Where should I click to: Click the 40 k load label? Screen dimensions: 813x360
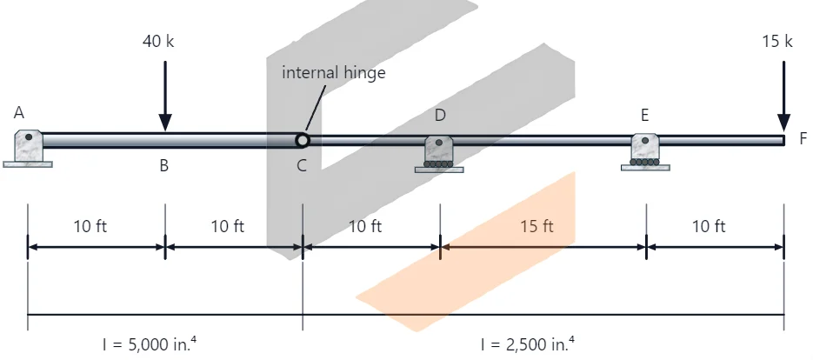[158, 41]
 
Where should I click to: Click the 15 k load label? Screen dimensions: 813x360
[777, 41]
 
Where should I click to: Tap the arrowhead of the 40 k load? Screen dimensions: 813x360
[165, 123]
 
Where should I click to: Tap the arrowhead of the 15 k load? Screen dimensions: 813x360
[784, 123]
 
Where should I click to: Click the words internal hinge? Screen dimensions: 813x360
[333, 72]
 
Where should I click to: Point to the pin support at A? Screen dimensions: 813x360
[28, 149]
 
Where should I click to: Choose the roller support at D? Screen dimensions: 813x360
[439, 154]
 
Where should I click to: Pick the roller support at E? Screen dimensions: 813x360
[645, 152]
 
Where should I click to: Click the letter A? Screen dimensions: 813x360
[19, 112]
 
